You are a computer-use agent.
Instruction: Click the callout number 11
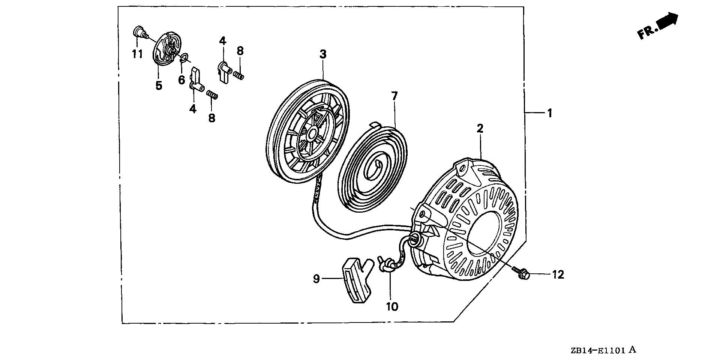pos(137,54)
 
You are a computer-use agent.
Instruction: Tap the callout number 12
pos(558,275)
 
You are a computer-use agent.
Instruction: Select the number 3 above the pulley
pos(323,54)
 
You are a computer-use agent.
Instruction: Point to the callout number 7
pos(394,96)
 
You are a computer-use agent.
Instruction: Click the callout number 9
pos(316,279)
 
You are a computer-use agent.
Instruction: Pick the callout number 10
pos(392,307)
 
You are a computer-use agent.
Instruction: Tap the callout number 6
pos(181,79)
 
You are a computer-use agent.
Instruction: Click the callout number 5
pos(159,85)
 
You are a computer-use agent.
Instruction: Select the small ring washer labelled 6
pos(184,58)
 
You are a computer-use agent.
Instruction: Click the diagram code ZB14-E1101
pos(598,351)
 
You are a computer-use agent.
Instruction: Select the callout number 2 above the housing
pos(480,129)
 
